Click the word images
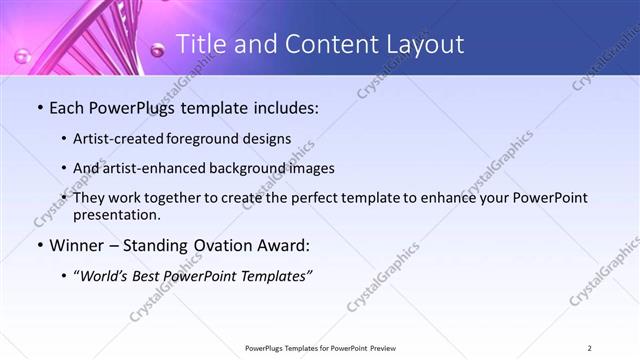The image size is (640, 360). [309, 168]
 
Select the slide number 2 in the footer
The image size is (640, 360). [590, 348]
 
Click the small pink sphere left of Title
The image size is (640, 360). [157, 48]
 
